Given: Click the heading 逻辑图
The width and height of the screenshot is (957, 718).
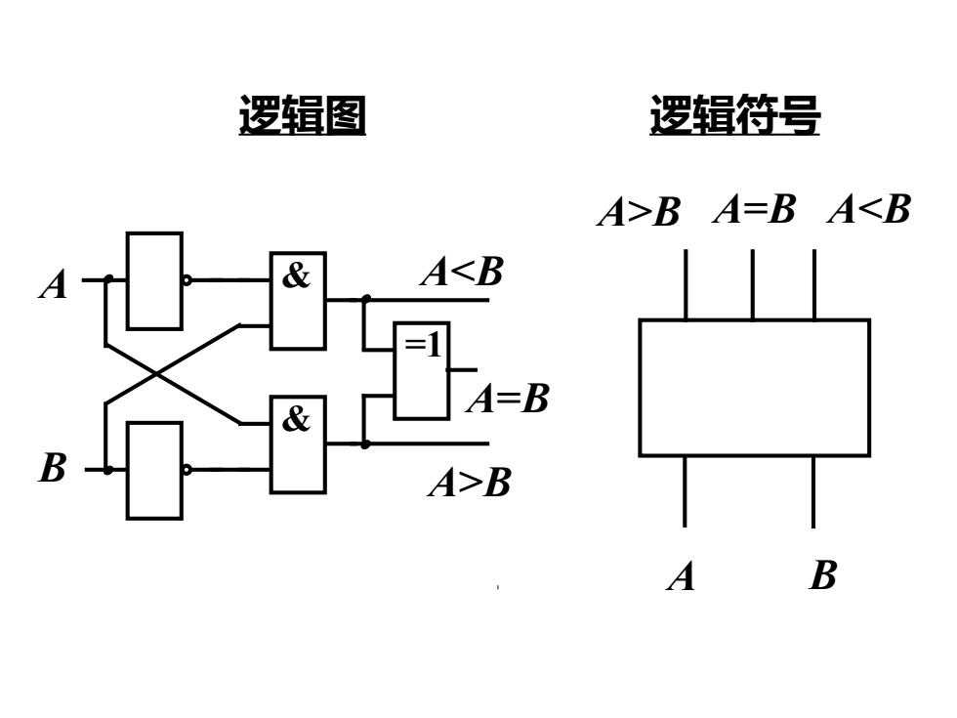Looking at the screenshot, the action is tap(302, 115).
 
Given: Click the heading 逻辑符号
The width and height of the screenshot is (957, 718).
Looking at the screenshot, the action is tap(734, 115).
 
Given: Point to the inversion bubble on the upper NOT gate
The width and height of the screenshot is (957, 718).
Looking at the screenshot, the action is tap(187, 281).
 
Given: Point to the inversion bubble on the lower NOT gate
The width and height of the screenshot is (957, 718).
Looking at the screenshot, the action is tap(187, 470).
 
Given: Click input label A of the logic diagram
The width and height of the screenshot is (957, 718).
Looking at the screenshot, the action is tap(53, 285).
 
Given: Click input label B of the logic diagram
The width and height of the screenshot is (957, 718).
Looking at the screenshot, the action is tap(53, 468).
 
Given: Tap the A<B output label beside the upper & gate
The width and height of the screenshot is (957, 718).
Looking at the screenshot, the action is tap(463, 272).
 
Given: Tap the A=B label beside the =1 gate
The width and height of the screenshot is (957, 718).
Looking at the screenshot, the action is tap(508, 399).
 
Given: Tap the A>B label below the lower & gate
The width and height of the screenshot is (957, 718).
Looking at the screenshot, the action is tap(470, 483).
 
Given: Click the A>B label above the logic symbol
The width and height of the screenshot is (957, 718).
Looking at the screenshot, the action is tap(639, 212).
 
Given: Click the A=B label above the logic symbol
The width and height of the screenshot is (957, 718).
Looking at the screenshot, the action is tap(754, 209).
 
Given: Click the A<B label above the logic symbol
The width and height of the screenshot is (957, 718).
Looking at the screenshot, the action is tap(870, 209).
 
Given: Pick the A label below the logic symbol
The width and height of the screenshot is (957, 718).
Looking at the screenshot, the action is tap(682, 576).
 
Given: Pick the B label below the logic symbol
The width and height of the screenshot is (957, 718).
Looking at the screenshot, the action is tap(822, 575).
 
